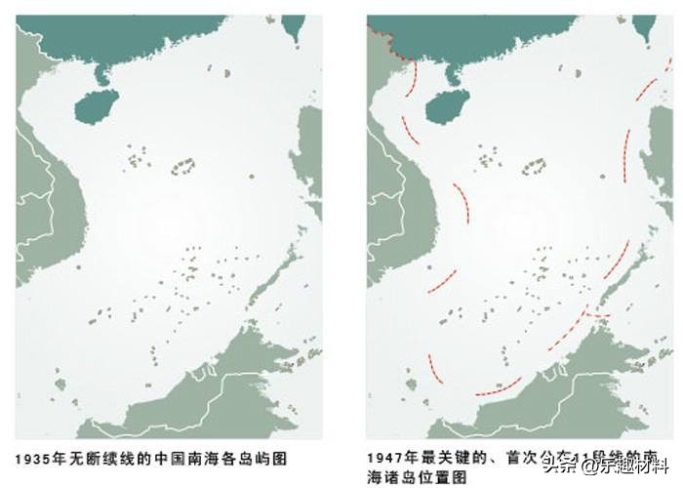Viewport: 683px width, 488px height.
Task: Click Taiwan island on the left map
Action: click(x=294, y=26)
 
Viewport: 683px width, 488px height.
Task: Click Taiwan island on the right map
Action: click(x=646, y=26)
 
